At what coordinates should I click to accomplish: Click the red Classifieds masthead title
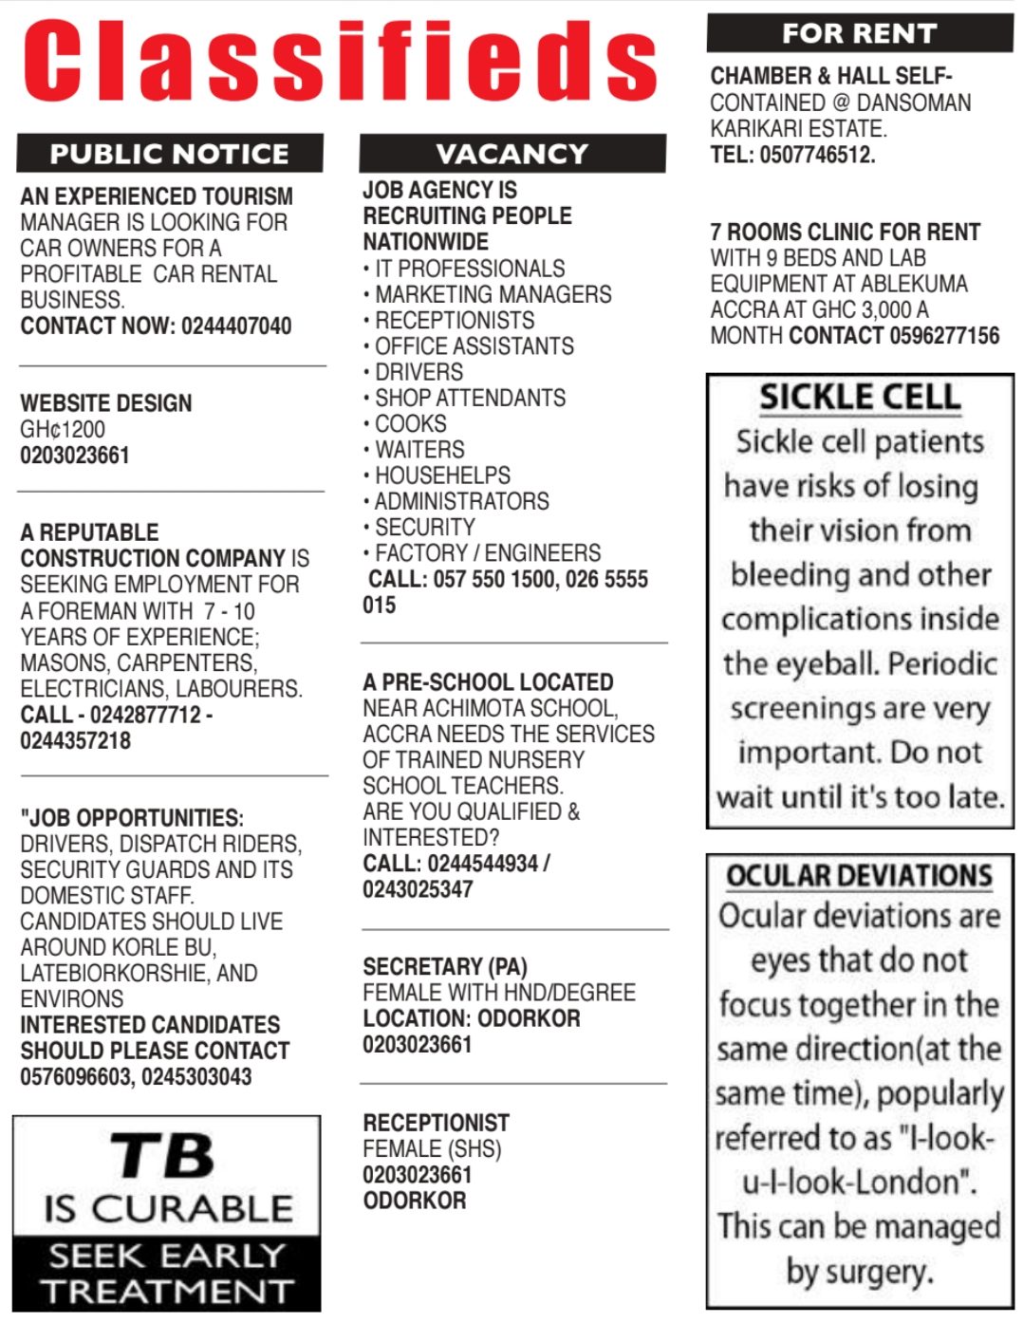point(340,61)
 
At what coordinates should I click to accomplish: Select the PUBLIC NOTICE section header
point(169,154)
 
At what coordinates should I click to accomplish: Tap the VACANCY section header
point(512,154)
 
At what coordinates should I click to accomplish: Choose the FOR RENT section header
point(859,34)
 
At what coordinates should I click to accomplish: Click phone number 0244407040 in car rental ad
point(236,326)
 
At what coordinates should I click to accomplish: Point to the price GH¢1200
point(63,429)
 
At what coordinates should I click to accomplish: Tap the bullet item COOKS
point(410,423)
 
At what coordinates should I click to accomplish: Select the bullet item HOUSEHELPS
point(442,475)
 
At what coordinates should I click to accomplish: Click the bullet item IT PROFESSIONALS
point(470,269)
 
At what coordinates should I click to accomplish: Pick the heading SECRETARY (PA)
point(445,967)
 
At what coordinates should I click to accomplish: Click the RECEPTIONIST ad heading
point(436,1123)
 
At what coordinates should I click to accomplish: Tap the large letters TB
point(164,1156)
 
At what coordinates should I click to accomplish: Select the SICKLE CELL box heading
point(860,397)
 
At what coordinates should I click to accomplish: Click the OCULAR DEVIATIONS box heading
point(859,875)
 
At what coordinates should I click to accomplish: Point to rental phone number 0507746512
point(817,155)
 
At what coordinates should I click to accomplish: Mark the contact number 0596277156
point(944,336)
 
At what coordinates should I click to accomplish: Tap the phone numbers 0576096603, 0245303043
point(136,1077)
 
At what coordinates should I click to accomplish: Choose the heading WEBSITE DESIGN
point(106,403)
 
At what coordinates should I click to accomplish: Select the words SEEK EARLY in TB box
point(167,1256)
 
